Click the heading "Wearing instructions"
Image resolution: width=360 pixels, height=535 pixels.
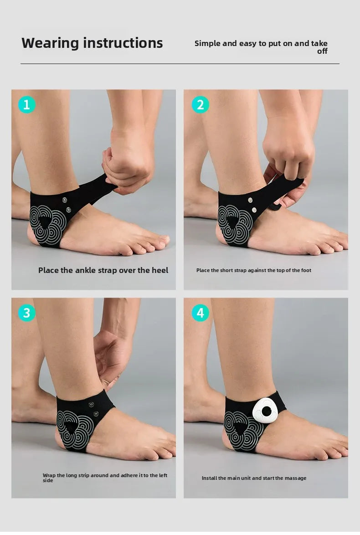tap(92, 43)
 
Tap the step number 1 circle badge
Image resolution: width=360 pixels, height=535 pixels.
tap(26, 105)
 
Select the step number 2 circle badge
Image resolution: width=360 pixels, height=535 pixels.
tap(201, 105)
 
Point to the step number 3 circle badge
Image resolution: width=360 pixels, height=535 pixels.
tap(26, 313)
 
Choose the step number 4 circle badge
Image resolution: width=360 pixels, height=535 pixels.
tap(201, 313)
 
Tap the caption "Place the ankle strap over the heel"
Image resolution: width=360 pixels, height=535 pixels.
tap(103, 270)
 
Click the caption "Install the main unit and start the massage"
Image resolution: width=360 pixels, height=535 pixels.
tap(254, 478)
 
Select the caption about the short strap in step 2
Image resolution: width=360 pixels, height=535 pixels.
tap(253, 270)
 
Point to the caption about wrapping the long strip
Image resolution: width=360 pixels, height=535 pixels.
tap(105, 477)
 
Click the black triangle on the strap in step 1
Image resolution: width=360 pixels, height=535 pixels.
tap(45, 222)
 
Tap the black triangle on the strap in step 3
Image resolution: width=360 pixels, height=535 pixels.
tap(71, 427)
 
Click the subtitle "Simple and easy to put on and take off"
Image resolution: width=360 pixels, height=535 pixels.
tap(261, 46)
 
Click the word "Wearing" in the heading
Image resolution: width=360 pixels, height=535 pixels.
tap(50, 43)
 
